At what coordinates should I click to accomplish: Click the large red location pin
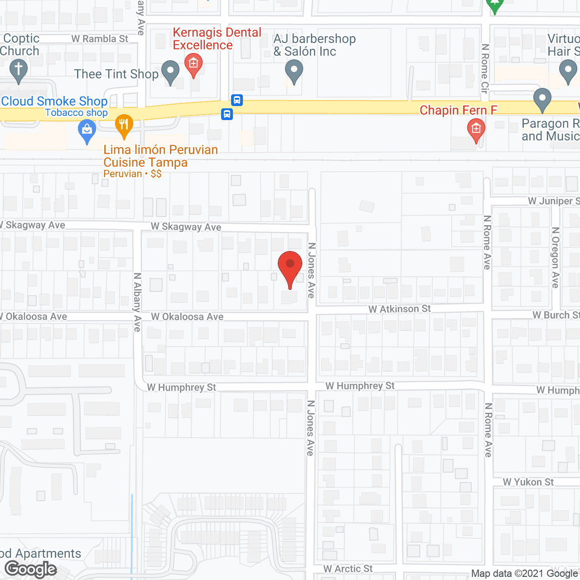(x=290, y=267)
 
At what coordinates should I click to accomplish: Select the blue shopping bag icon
(x=87, y=131)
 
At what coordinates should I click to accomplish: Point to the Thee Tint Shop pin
(x=170, y=72)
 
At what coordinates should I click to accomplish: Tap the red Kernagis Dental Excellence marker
(x=193, y=65)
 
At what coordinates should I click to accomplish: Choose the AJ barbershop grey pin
(x=294, y=72)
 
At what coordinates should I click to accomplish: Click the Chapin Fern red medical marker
(x=476, y=130)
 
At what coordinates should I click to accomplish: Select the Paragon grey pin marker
(x=542, y=99)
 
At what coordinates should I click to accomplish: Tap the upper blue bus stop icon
(x=237, y=100)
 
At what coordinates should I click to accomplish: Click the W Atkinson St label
(x=400, y=309)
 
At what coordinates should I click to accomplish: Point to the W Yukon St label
(x=528, y=482)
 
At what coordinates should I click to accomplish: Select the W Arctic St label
(x=348, y=569)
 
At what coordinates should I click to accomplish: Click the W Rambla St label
(x=100, y=39)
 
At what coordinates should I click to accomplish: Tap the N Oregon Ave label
(x=556, y=257)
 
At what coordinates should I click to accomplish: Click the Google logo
(x=31, y=569)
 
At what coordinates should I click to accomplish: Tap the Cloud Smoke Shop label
(x=54, y=101)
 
